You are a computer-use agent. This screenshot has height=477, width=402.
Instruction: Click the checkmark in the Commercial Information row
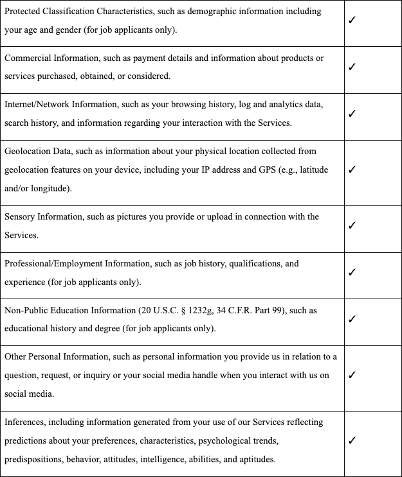point(352,67)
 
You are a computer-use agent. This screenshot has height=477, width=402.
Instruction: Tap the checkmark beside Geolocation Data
point(352,169)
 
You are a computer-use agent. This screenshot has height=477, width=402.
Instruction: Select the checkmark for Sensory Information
point(352,225)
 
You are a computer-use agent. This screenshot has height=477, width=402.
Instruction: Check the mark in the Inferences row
point(352,440)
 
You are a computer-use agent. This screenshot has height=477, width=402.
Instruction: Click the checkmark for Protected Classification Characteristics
point(352,20)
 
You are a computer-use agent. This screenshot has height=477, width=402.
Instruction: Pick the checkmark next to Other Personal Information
point(352,375)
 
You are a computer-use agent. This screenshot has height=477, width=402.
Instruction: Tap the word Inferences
point(24,422)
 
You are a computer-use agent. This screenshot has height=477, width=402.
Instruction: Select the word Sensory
point(20,216)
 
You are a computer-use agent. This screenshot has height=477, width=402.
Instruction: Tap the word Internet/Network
point(38,104)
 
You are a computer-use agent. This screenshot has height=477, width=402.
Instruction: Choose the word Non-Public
point(25,310)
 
